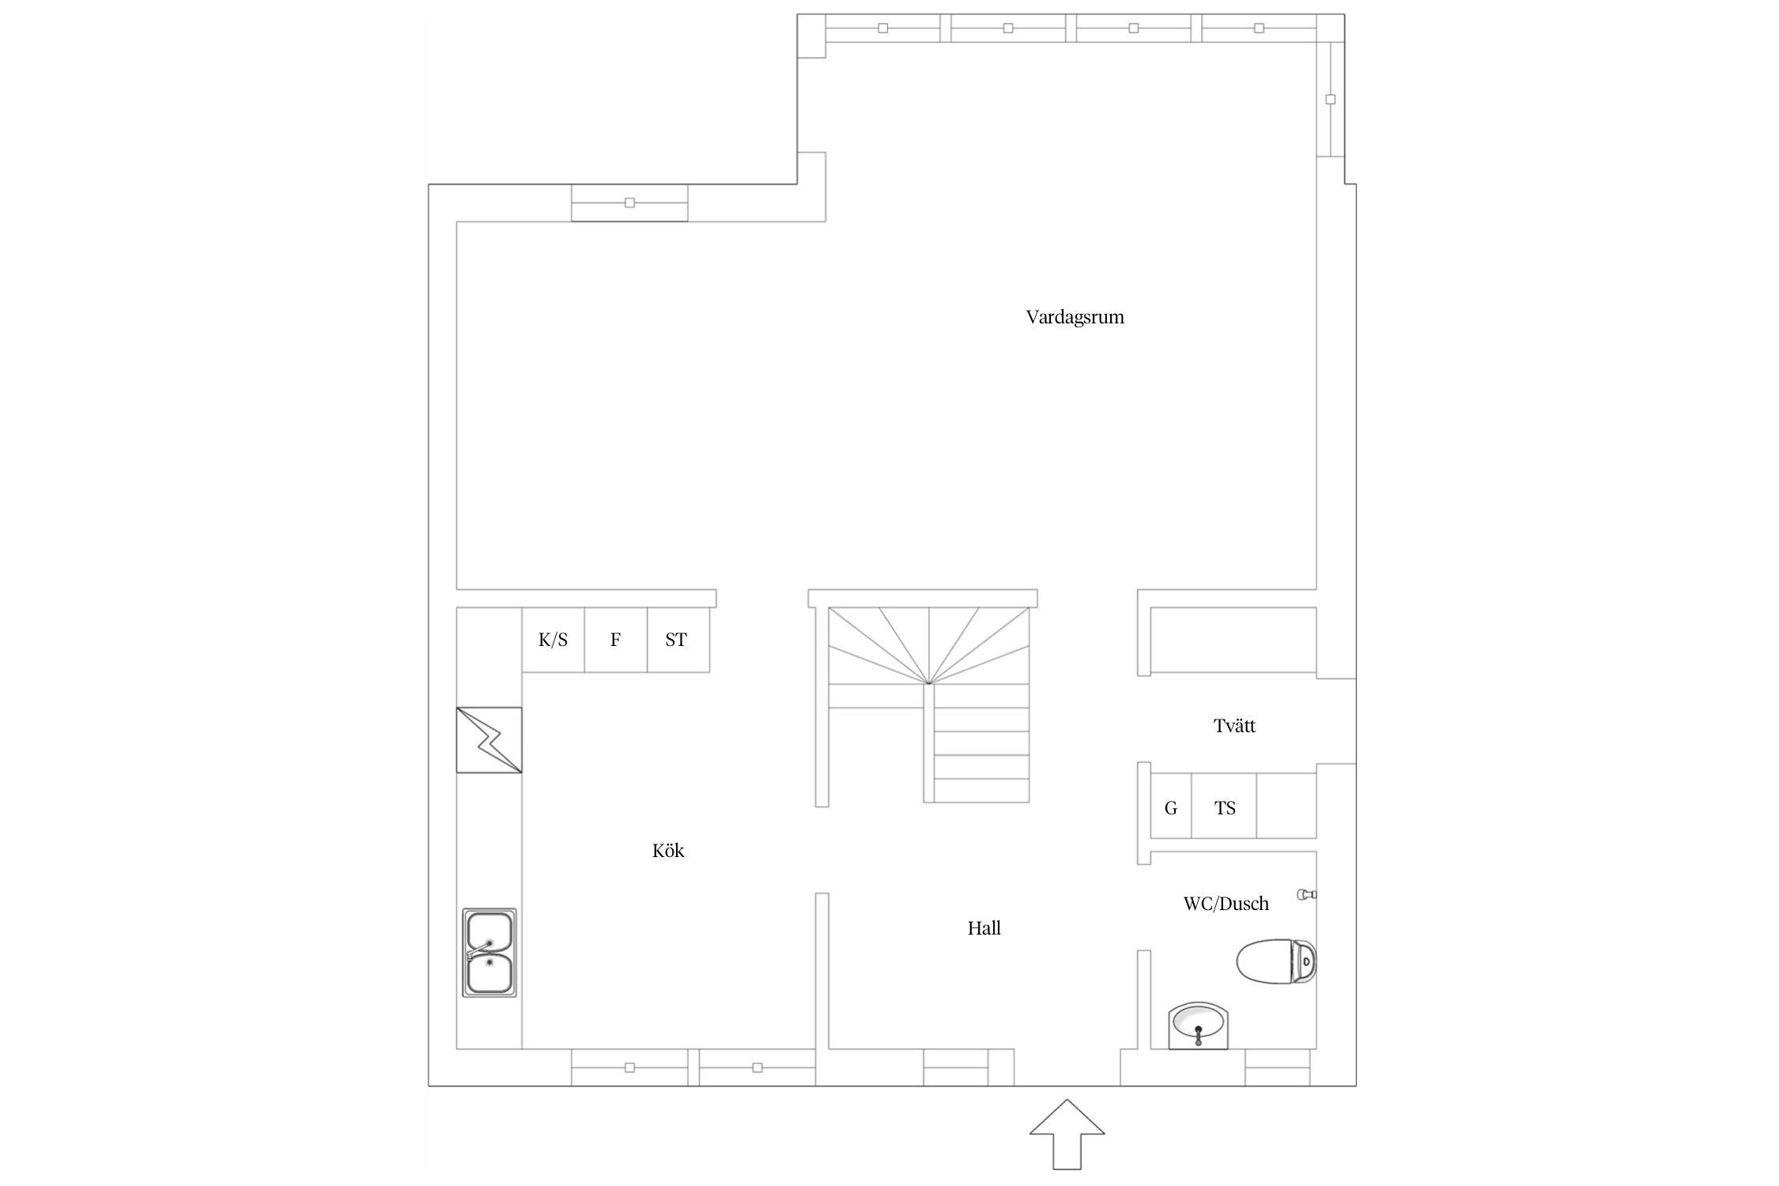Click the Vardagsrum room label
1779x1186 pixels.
click(1075, 317)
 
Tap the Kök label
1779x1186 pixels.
click(668, 850)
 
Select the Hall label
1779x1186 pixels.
click(984, 927)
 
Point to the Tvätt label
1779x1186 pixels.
click(1234, 725)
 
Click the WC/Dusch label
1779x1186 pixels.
click(1226, 903)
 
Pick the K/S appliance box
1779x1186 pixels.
click(553, 640)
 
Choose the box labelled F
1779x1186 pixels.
click(616, 640)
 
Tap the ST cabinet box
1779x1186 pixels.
click(678, 640)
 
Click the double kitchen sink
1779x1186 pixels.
click(489, 953)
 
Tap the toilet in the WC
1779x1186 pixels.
click(1276, 961)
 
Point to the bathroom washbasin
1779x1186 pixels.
click(1199, 1025)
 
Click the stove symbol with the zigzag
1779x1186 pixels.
click(489, 740)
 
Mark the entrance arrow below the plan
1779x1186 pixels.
click(1067, 1134)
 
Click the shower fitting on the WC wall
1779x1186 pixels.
click(1307, 894)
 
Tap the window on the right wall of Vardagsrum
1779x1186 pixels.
click(1330, 100)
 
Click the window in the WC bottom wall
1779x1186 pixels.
click(1278, 1067)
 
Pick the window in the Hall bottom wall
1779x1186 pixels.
click(956, 1067)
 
